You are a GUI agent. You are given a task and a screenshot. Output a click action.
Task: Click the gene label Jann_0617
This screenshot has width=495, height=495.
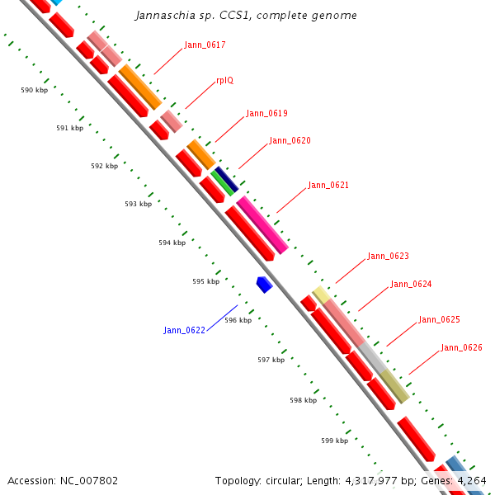click(x=205, y=45)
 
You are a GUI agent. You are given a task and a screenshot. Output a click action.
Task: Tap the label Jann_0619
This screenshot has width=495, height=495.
click(x=266, y=113)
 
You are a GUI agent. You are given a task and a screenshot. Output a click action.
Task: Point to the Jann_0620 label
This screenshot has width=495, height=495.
click(x=290, y=140)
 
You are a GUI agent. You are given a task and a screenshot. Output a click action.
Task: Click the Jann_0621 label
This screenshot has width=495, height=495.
click(x=328, y=185)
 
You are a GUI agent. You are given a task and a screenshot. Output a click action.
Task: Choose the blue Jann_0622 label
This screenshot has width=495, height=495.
click(x=184, y=330)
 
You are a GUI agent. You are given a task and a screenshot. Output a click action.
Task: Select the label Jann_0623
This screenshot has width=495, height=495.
click(x=388, y=256)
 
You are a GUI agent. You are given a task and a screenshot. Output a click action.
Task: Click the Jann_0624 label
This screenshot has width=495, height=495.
click(x=411, y=284)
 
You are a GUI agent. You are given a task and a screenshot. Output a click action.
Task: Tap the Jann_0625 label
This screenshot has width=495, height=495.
click(x=439, y=319)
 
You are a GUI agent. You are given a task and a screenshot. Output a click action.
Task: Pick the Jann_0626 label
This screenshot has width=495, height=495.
click(x=461, y=347)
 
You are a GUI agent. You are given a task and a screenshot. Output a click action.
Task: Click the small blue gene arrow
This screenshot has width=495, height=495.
click(x=264, y=285)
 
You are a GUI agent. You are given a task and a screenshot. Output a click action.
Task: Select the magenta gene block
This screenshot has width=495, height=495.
click(x=262, y=224)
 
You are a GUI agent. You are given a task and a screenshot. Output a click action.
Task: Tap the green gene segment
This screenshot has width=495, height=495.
click(x=222, y=181)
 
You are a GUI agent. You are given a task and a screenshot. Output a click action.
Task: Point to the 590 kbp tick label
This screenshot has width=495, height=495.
click(x=35, y=90)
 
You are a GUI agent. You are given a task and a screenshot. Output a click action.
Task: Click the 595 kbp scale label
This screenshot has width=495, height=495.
click(x=206, y=281)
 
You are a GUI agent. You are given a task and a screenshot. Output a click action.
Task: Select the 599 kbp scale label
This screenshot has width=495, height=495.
click(x=334, y=441)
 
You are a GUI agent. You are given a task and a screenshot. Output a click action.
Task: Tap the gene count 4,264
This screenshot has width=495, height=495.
click(x=471, y=480)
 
